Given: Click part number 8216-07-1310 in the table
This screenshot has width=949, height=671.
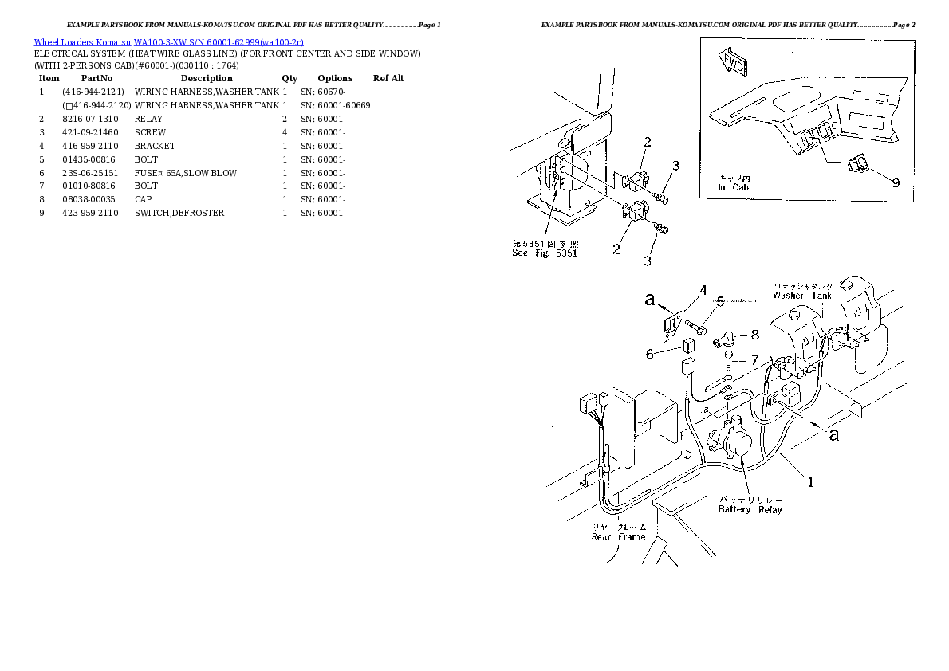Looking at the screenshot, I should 89,119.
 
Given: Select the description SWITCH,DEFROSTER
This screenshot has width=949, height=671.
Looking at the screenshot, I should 179,213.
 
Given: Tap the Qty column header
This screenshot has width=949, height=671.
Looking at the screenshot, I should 289,78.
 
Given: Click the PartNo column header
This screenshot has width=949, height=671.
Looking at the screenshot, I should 97,78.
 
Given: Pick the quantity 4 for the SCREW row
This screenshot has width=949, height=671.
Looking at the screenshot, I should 285,132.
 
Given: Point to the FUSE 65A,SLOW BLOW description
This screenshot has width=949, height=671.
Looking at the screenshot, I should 186,173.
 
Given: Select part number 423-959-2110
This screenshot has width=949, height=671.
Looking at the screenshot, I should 90,213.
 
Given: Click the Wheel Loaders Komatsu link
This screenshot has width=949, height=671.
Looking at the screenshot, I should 82,42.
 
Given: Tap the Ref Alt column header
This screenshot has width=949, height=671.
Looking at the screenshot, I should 388,78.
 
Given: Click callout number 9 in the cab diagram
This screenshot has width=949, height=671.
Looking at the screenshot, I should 896,182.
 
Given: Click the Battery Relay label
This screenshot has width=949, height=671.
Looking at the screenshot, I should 750,509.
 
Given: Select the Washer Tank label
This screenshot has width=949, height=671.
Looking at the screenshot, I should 801,296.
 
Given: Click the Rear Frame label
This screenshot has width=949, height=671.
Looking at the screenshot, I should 618,536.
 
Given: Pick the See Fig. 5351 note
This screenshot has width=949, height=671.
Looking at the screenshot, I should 545,253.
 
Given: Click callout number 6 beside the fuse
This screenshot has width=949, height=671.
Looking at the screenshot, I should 650,353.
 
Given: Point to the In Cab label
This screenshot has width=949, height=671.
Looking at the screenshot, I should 733,188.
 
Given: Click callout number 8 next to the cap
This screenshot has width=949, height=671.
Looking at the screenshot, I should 754,335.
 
